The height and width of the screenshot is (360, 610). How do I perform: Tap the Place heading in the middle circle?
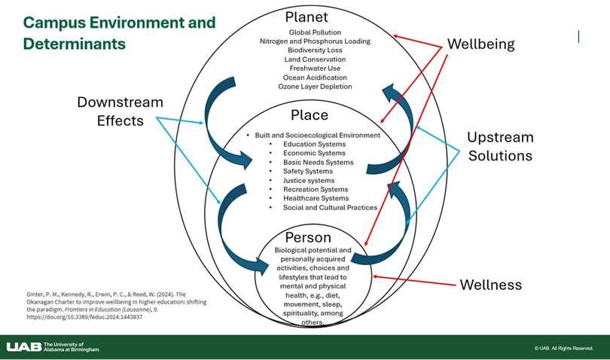tap(310, 115)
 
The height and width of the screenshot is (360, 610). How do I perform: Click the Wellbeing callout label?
tap(480, 44)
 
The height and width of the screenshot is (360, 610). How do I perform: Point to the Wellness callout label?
tap(490, 285)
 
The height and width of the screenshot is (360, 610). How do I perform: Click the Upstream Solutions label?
tap(499, 147)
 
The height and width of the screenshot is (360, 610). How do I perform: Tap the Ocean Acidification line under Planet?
tap(316, 78)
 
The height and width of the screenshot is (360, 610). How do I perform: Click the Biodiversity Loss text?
tap(316, 50)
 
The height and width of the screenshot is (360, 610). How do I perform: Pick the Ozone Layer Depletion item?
tap(316, 87)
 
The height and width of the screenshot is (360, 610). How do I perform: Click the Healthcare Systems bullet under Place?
tap(316, 198)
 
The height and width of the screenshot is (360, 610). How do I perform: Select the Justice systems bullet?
tap(309, 180)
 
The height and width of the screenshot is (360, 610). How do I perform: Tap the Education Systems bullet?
tap(314, 144)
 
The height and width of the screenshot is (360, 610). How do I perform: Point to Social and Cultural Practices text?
tap(330, 207)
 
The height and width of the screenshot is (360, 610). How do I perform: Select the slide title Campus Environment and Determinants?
tap(118, 32)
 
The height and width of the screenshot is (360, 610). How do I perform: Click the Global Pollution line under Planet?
tap(315, 32)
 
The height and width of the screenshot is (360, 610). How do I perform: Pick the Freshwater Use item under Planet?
tap(315, 69)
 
